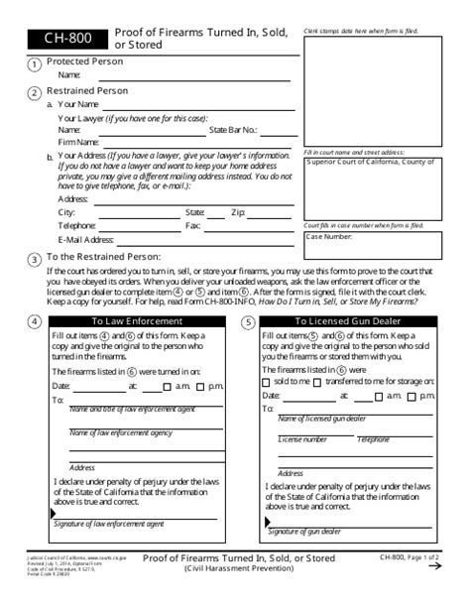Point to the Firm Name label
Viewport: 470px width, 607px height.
[78, 142]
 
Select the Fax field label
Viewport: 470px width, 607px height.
[192, 225]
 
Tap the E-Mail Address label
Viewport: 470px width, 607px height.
[86, 239]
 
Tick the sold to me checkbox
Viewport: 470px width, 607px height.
[266, 382]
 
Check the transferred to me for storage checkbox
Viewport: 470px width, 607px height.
[316, 382]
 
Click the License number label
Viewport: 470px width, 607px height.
[302, 438]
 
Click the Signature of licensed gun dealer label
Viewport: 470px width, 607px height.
[317, 533]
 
